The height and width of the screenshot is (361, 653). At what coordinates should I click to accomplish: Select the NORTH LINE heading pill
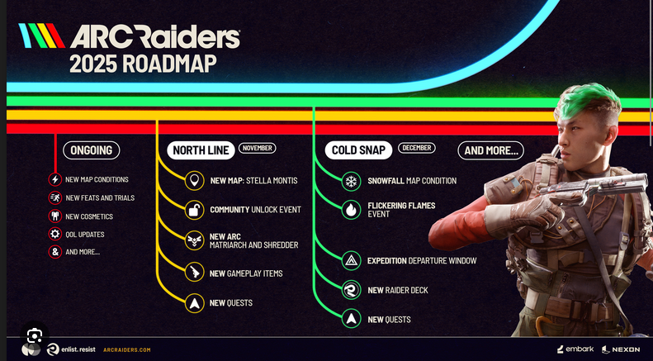201,150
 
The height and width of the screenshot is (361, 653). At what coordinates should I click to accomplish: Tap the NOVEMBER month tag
258,148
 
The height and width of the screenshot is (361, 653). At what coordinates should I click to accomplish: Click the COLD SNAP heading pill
357,150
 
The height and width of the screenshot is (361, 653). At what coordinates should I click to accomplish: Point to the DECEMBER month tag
416,148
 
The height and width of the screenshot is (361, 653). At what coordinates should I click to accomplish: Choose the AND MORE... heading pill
491,150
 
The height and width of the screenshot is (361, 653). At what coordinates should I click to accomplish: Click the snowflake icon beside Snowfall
351,181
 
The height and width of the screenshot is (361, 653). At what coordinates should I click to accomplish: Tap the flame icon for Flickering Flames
351,210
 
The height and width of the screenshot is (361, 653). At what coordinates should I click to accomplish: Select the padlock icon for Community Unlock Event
194,210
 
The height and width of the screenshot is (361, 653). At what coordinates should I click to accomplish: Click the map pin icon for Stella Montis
194,181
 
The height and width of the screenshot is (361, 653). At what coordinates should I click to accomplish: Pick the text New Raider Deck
397,290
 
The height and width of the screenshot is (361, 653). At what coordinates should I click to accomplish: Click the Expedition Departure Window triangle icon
351,261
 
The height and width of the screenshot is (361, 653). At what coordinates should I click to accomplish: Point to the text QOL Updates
85,235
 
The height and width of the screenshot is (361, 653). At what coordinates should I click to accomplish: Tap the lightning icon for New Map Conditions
55,179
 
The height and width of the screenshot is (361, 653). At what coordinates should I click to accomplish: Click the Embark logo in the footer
575,349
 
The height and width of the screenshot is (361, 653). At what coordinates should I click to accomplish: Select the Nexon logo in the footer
620,349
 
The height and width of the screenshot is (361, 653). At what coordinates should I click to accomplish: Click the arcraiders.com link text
126,350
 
